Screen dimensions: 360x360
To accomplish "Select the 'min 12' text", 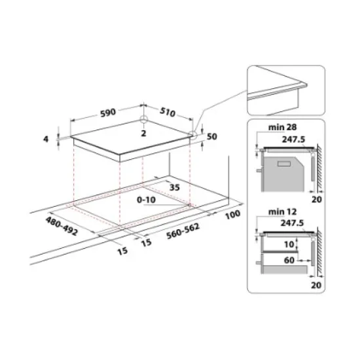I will pyautogui.click(x=274, y=212).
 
